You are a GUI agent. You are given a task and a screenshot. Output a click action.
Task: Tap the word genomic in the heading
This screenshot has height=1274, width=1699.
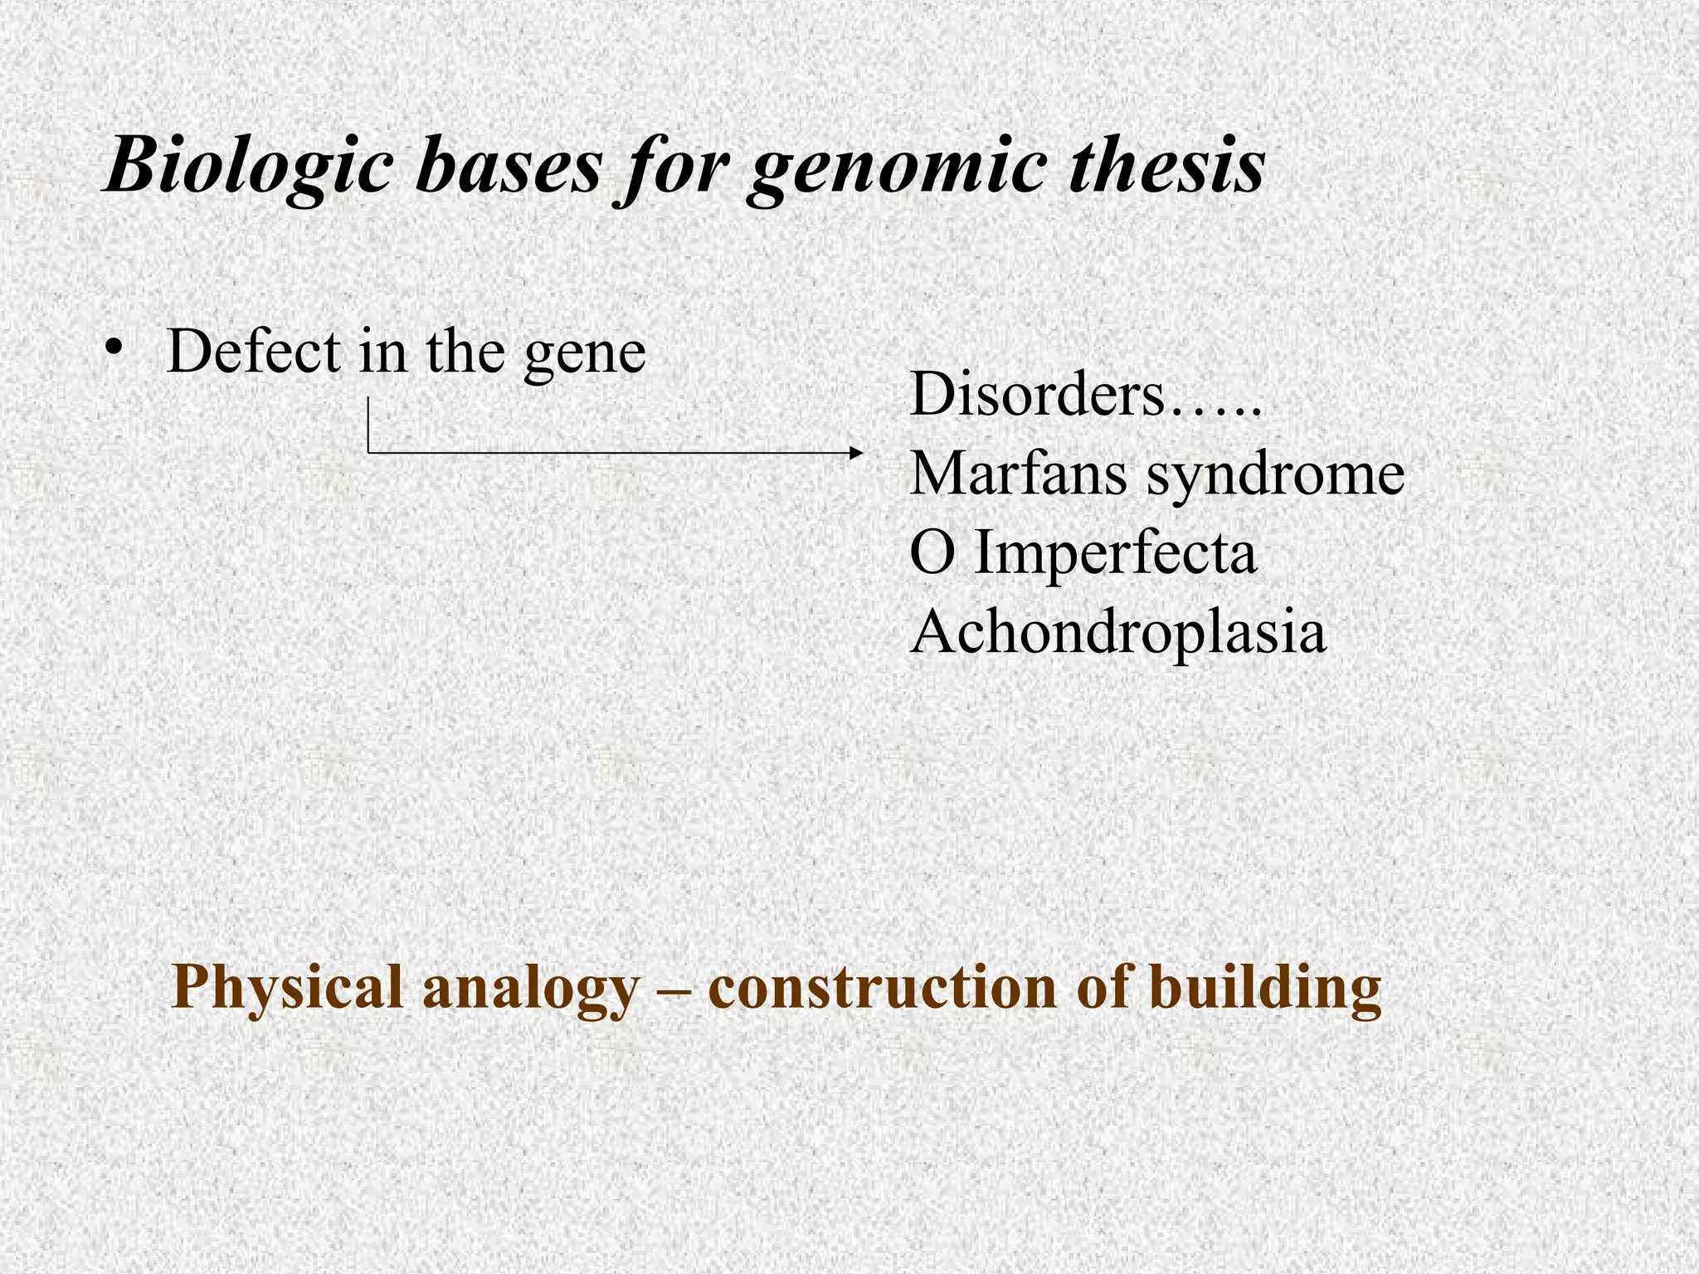[x=895, y=170]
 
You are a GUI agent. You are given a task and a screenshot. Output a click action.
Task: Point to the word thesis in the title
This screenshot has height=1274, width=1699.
[x=1166, y=166]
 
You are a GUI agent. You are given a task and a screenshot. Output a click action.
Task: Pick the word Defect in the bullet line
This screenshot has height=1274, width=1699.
[x=254, y=352]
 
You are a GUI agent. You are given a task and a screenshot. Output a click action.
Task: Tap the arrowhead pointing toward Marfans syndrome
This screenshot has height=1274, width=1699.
[x=857, y=453]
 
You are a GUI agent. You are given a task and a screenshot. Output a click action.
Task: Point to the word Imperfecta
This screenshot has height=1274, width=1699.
[x=1115, y=554]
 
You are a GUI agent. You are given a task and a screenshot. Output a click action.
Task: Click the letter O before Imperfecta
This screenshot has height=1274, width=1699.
[x=932, y=554]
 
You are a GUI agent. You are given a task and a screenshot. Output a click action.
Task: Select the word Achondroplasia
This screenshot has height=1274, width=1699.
[x=1117, y=633]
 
